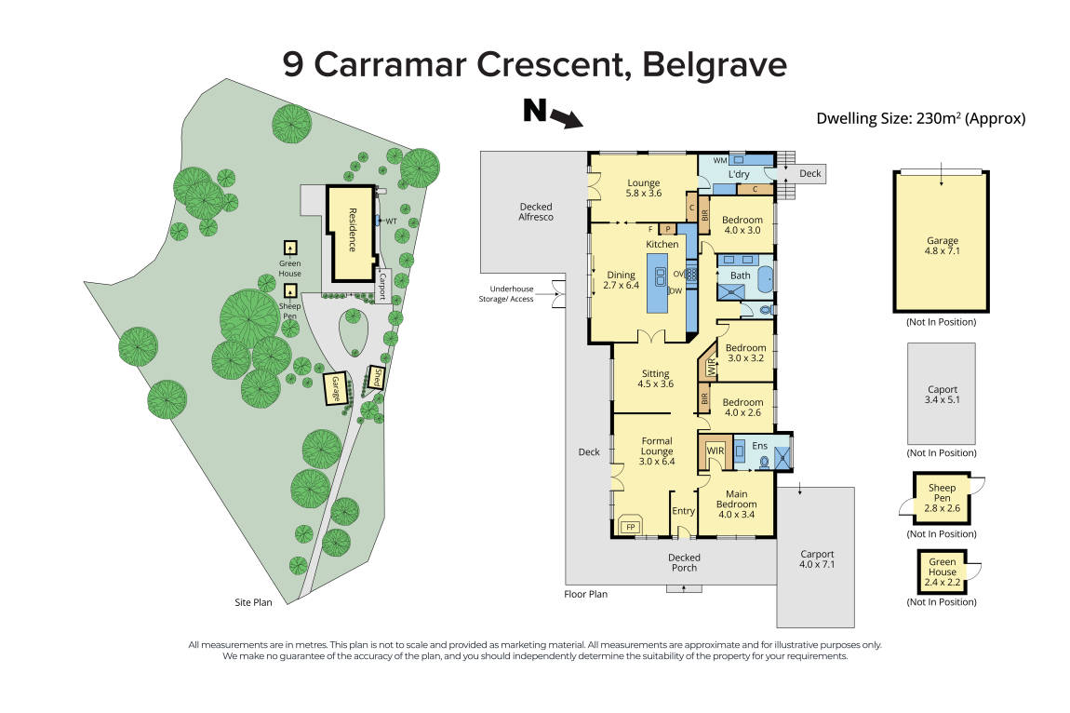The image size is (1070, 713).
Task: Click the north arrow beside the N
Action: click(564, 119)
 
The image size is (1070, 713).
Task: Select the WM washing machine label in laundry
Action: click(719, 161)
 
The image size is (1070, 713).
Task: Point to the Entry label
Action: click(684, 511)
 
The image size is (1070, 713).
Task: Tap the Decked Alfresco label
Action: click(535, 211)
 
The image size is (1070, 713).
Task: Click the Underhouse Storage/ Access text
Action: click(508, 294)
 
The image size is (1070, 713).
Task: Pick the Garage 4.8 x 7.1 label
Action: click(942, 246)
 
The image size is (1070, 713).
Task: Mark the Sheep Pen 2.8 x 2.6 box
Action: click(942, 499)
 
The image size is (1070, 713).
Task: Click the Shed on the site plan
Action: click(378, 378)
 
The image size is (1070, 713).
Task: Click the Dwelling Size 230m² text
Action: click(920, 118)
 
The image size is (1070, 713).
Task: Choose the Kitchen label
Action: click(663, 244)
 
